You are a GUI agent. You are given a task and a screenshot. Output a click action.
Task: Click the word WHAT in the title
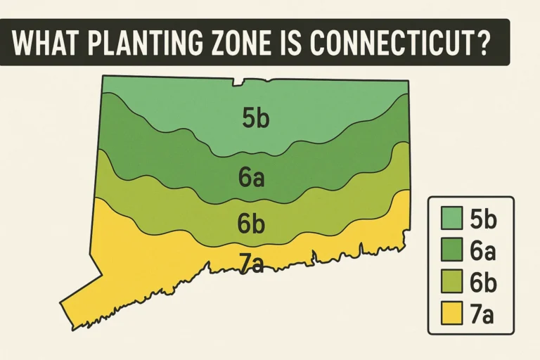44,44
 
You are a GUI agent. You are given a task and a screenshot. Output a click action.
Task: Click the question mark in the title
482,44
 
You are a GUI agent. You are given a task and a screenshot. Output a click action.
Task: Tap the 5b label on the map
255,119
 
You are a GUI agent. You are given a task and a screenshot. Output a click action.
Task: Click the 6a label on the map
251,178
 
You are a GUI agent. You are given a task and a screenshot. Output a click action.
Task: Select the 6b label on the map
250,224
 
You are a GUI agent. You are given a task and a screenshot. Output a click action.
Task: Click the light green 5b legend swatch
449,219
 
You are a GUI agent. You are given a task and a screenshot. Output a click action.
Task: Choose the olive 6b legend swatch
449,283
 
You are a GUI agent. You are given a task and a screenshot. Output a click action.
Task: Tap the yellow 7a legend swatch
449,314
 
